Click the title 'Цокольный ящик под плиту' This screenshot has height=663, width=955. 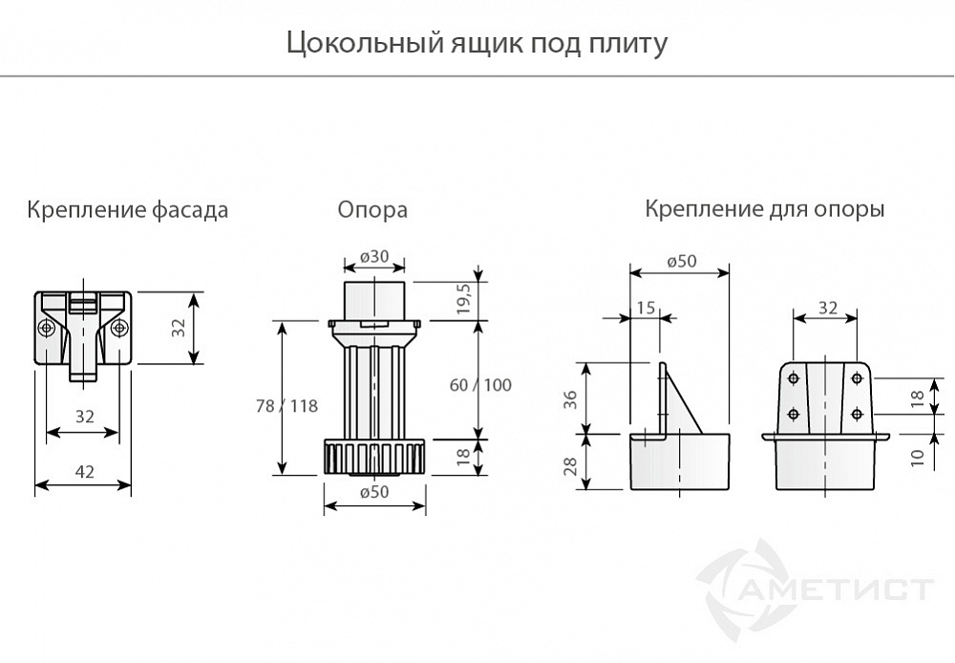[477, 44]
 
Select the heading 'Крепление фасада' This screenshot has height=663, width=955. [128, 209]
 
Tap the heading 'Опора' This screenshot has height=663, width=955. [372, 209]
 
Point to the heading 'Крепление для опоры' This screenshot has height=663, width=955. [764, 208]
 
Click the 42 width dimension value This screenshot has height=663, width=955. [84, 470]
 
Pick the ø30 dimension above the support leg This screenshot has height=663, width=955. [373, 256]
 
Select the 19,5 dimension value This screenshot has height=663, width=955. [465, 299]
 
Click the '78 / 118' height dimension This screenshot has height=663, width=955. [287, 405]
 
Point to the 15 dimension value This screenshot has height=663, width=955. [646, 307]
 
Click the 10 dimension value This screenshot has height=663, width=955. [918, 458]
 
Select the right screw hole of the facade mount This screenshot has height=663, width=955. [118, 329]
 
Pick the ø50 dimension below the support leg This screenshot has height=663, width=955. [374, 493]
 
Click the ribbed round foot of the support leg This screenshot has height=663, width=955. [374, 458]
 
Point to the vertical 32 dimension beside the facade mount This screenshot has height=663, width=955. [178, 328]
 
